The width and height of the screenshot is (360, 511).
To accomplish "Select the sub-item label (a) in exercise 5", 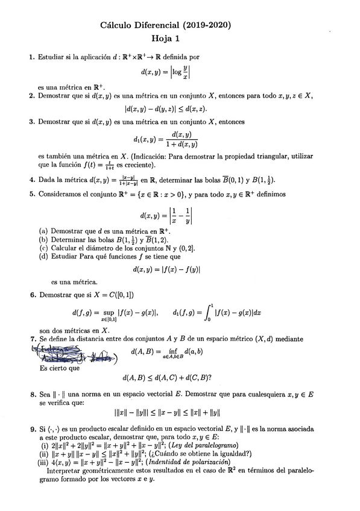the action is pos(43,231).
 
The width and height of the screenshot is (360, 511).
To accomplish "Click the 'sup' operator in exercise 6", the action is pos(108,312).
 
